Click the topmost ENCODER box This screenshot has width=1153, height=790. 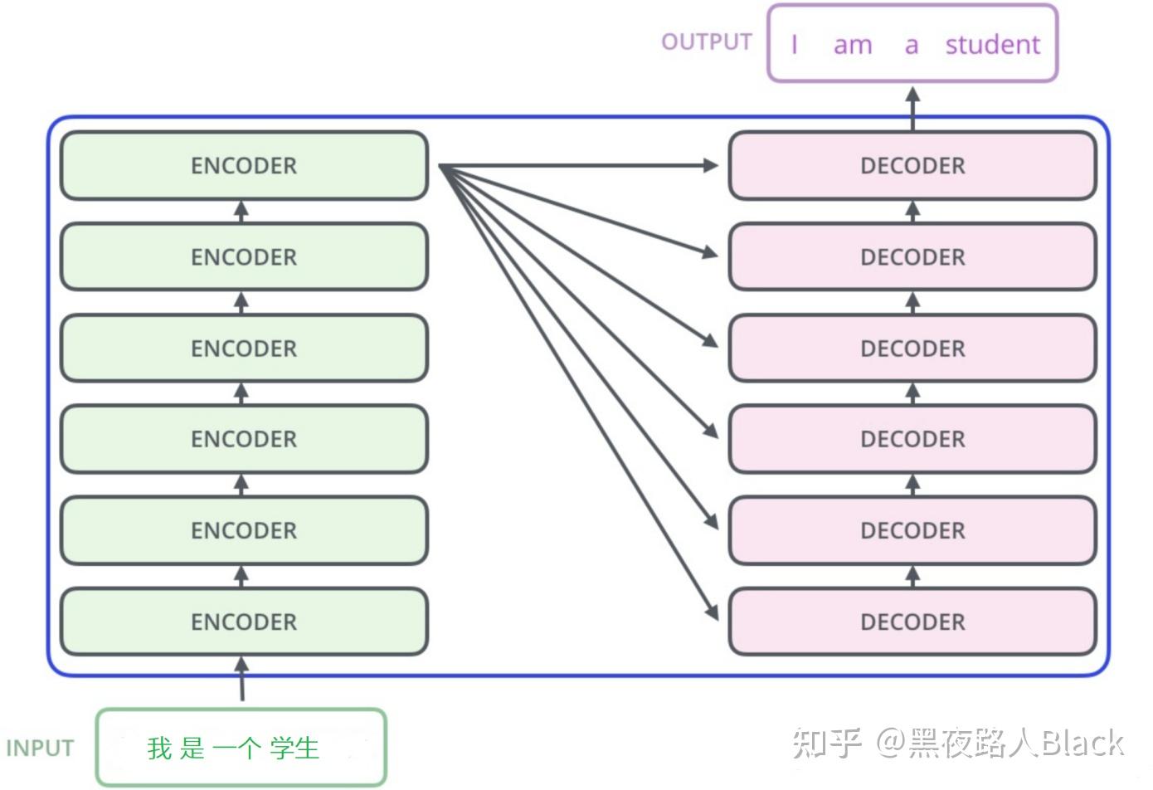coord(244,166)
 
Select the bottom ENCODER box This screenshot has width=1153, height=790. coord(244,622)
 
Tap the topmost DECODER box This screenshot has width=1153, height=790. coord(912,166)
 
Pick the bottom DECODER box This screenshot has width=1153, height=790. coord(912,622)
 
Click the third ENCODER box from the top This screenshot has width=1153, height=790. coord(244,349)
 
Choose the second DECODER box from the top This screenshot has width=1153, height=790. coord(912,257)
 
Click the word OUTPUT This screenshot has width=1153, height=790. coord(707,42)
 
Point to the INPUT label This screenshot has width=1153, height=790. coord(40,749)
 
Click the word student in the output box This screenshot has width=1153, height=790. coord(992,44)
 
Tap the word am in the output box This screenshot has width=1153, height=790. coord(853,45)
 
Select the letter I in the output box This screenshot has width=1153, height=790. coord(795,44)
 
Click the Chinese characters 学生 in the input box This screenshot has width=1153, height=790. coord(294,749)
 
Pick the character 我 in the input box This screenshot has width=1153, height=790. coord(159,749)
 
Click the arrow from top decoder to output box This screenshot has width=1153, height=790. coord(912,108)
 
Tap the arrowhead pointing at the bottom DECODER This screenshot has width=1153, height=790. coord(711,612)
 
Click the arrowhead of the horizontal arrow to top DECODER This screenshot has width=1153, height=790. coord(710,166)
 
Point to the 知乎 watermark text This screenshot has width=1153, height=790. coord(826,742)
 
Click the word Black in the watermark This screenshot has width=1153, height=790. coord(1082,742)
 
